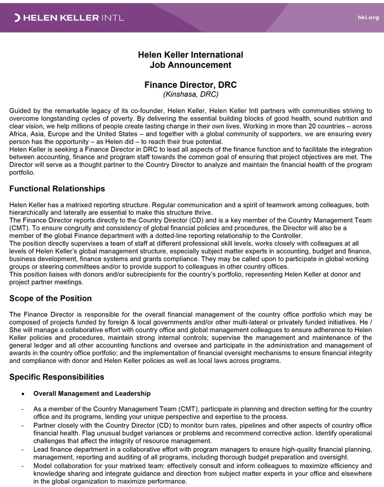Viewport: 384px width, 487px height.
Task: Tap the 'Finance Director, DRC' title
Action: coord(190,85)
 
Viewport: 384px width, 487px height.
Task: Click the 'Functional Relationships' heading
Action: coord(57,189)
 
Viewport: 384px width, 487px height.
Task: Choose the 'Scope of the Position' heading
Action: coord(50,298)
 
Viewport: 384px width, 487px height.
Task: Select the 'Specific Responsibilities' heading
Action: coord(57,376)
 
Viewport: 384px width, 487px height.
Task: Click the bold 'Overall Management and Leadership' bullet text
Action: coord(92,394)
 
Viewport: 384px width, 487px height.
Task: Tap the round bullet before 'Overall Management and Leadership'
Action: coord(22,394)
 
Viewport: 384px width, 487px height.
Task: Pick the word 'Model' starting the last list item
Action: coord(44,465)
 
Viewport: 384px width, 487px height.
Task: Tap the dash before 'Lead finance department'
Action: coord(22,449)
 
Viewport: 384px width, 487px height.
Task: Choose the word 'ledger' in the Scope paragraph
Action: coord(49,345)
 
